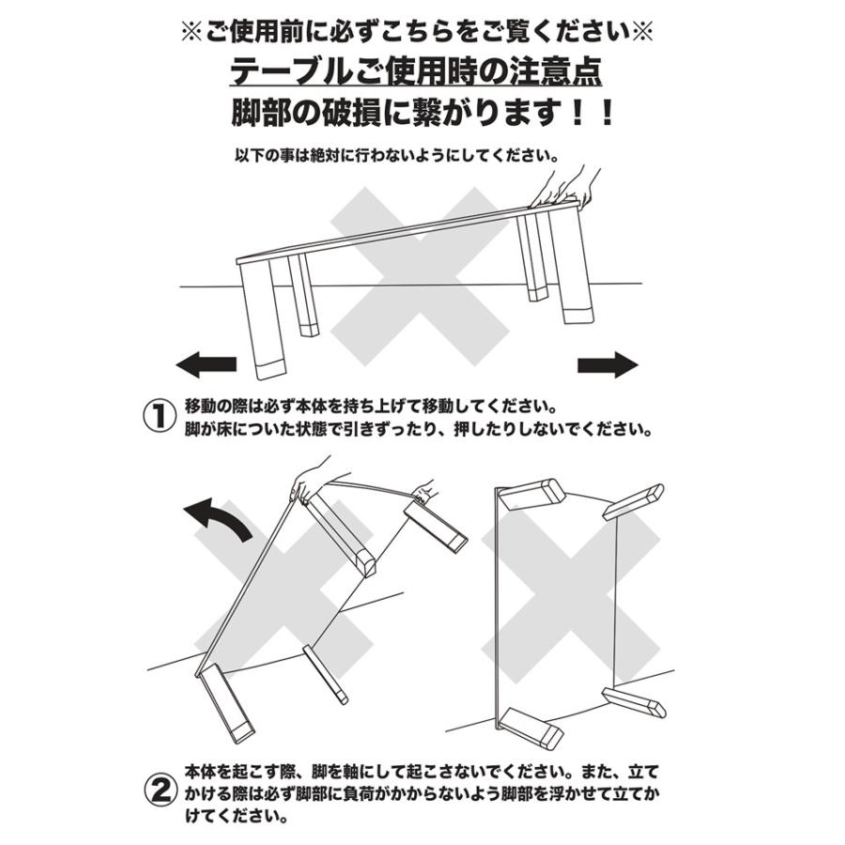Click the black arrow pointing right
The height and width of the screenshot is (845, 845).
pyautogui.click(x=607, y=364)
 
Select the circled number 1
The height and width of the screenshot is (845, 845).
pyautogui.click(x=159, y=417)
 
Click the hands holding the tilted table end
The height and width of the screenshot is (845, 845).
pyautogui.click(x=563, y=187)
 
